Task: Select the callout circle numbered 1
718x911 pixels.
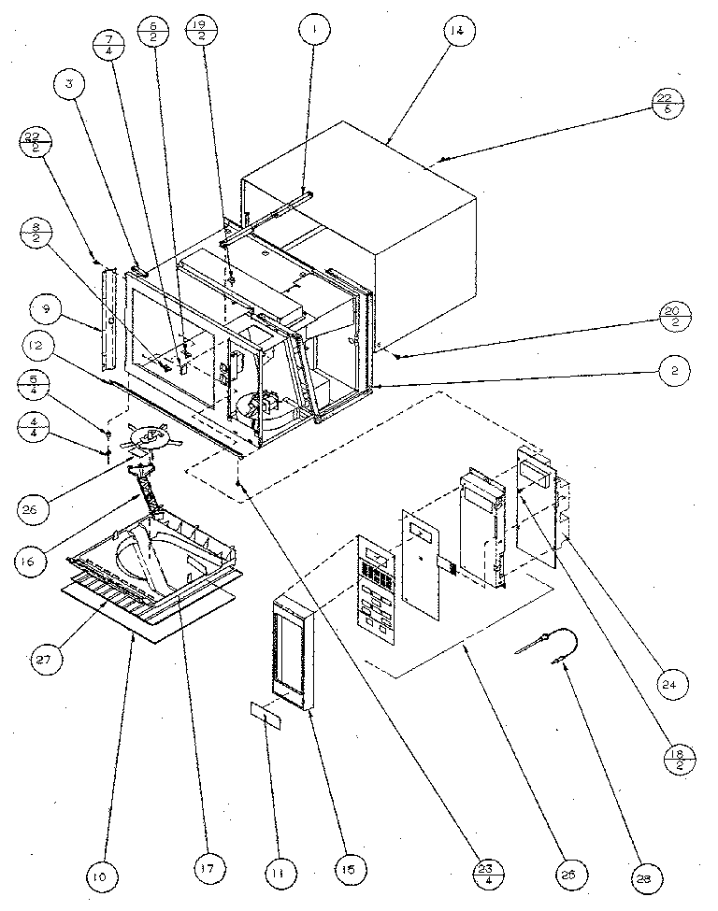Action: pos(316,31)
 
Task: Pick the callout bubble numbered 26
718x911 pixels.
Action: pos(36,511)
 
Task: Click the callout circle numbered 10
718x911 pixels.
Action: pos(98,877)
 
